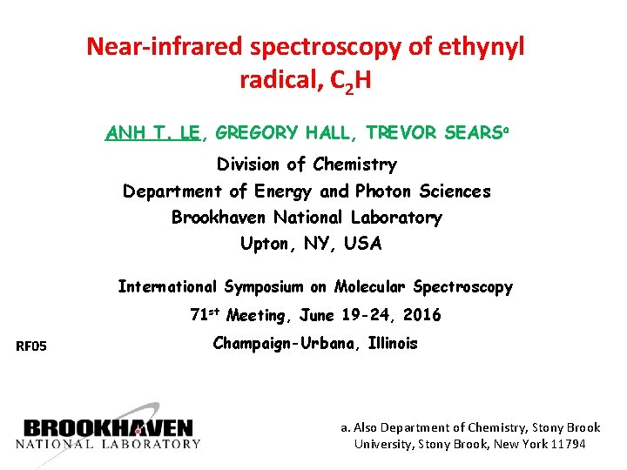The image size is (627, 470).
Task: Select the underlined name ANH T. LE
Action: [x=153, y=133]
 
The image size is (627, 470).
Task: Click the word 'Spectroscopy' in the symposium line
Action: [x=462, y=286]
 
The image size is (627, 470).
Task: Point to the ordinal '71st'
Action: [x=205, y=314]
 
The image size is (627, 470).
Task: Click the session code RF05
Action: [x=31, y=347]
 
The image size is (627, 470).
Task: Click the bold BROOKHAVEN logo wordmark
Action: [x=108, y=427]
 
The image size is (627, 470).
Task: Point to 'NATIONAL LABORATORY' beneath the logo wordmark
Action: [x=108, y=444]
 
